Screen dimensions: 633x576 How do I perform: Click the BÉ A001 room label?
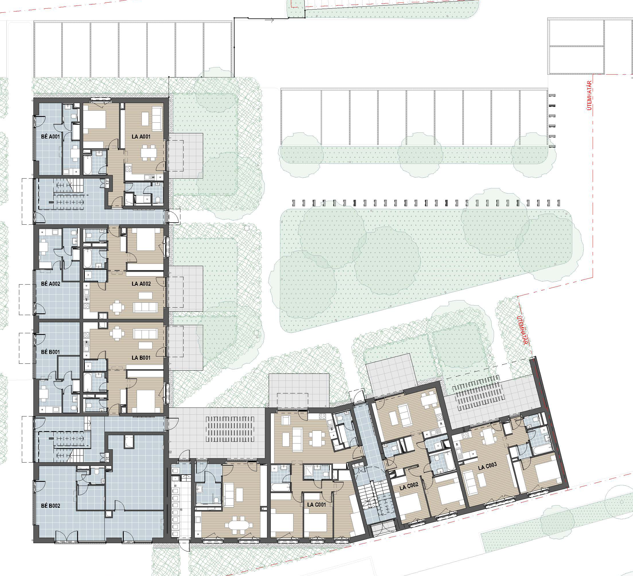pos(50,137)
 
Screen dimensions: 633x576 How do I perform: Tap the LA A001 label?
pos(141,137)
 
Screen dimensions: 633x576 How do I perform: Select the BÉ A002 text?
pos(51,284)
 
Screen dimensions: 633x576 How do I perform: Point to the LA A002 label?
pos(141,284)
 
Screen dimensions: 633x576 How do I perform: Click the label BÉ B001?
pos(50,352)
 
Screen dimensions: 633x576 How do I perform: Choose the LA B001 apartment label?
pos(141,358)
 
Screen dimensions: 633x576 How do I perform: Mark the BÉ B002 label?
pos(51,506)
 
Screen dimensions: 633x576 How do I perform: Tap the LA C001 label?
pos(316,505)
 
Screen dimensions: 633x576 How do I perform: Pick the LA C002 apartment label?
pos(409,487)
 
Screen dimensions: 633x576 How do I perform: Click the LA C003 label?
pos(487,467)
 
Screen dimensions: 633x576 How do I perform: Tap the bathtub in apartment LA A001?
pos(87,164)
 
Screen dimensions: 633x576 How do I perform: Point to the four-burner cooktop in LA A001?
pos(128,169)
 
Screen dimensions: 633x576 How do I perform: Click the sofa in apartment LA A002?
pos(145,307)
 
